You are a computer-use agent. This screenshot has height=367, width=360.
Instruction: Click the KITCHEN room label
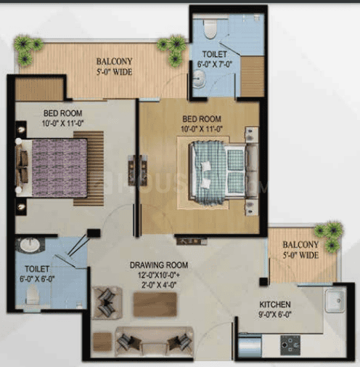(275, 305)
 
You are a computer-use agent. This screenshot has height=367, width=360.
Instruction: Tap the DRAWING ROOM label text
(159, 265)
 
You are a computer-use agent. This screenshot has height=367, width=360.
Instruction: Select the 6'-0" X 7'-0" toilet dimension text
(215, 64)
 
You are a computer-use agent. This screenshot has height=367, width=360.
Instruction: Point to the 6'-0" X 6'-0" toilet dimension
(37, 279)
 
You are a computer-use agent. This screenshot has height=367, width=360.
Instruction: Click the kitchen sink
(335, 301)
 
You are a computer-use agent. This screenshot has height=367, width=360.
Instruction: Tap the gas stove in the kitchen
(290, 345)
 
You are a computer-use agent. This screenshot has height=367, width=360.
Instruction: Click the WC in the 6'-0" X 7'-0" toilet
(210, 29)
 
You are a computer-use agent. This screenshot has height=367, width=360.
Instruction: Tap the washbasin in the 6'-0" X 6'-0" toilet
(30, 246)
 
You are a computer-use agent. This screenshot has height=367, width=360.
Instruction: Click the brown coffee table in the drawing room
(155, 305)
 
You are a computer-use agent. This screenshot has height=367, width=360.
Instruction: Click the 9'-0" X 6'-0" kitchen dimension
(275, 315)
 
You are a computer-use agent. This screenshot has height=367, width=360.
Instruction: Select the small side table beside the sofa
(102, 342)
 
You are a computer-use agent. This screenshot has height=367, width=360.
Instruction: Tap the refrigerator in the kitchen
(250, 345)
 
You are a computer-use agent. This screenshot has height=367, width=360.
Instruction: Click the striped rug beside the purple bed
(89, 168)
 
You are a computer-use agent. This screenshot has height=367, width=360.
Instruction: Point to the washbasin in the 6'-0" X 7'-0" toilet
(200, 78)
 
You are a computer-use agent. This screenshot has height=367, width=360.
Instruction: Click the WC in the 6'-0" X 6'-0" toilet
(32, 294)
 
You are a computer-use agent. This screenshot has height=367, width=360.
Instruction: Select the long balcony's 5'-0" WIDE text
(114, 72)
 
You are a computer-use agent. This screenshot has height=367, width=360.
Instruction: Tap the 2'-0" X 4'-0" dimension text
(159, 285)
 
